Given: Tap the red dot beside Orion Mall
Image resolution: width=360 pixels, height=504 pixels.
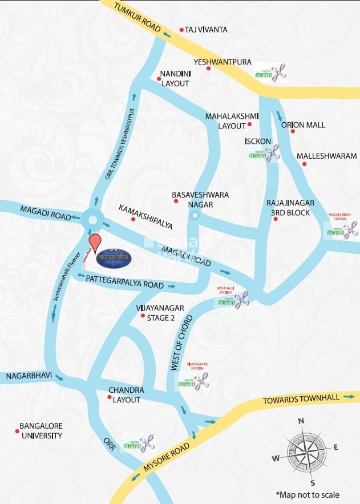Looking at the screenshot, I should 293,131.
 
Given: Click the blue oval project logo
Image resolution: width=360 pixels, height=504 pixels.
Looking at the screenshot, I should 116,255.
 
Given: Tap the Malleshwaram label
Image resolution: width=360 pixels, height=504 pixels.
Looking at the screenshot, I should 326,156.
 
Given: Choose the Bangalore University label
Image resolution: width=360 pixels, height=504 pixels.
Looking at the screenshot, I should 41,431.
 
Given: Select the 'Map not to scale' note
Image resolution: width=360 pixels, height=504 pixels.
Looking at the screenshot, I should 308,494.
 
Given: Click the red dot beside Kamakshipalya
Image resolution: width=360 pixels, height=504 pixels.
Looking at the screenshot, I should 134,219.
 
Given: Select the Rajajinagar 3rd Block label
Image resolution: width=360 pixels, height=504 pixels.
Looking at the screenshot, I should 288,208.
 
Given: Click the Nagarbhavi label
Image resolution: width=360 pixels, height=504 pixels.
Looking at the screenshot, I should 29,377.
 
